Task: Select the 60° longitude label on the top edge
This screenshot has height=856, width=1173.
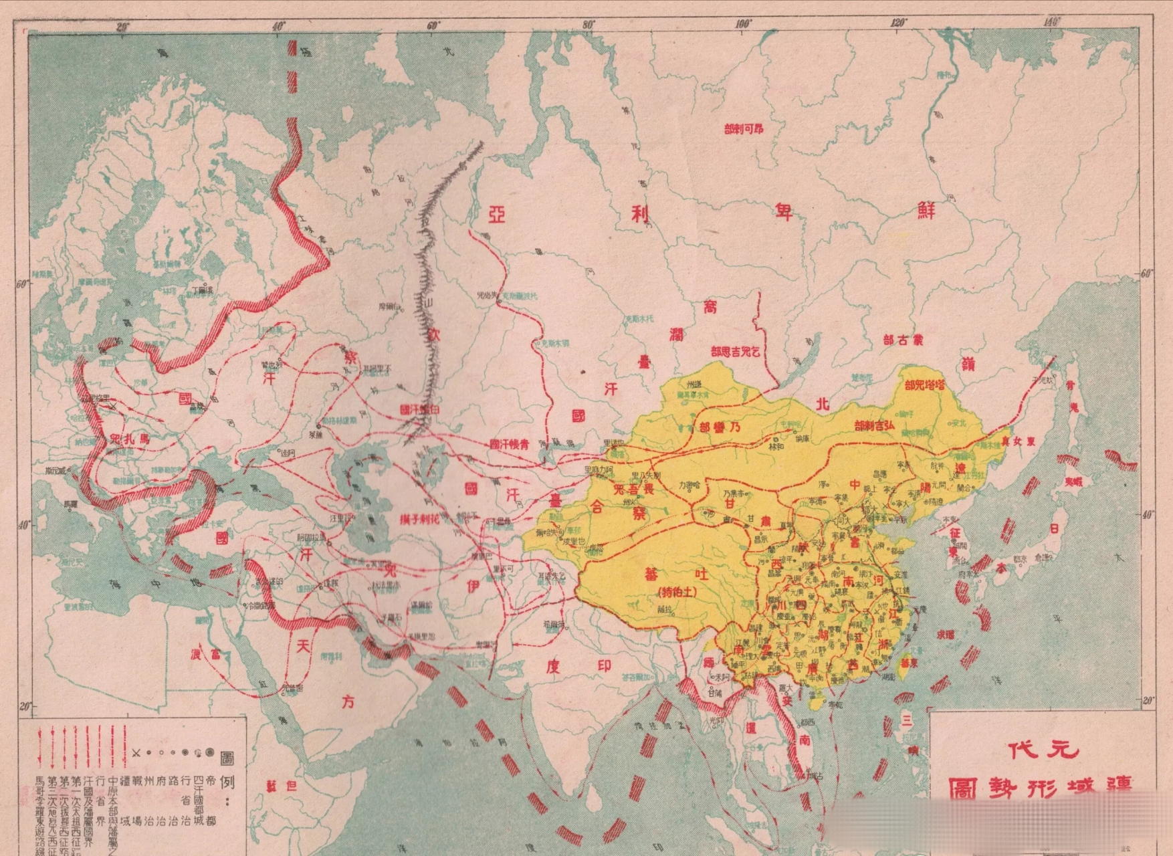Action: point(434,24)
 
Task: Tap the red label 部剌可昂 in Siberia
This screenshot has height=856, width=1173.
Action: point(743,128)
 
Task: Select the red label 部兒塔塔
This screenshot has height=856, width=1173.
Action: point(927,386)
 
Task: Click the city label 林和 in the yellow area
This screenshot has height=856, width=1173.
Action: point(775,446)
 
